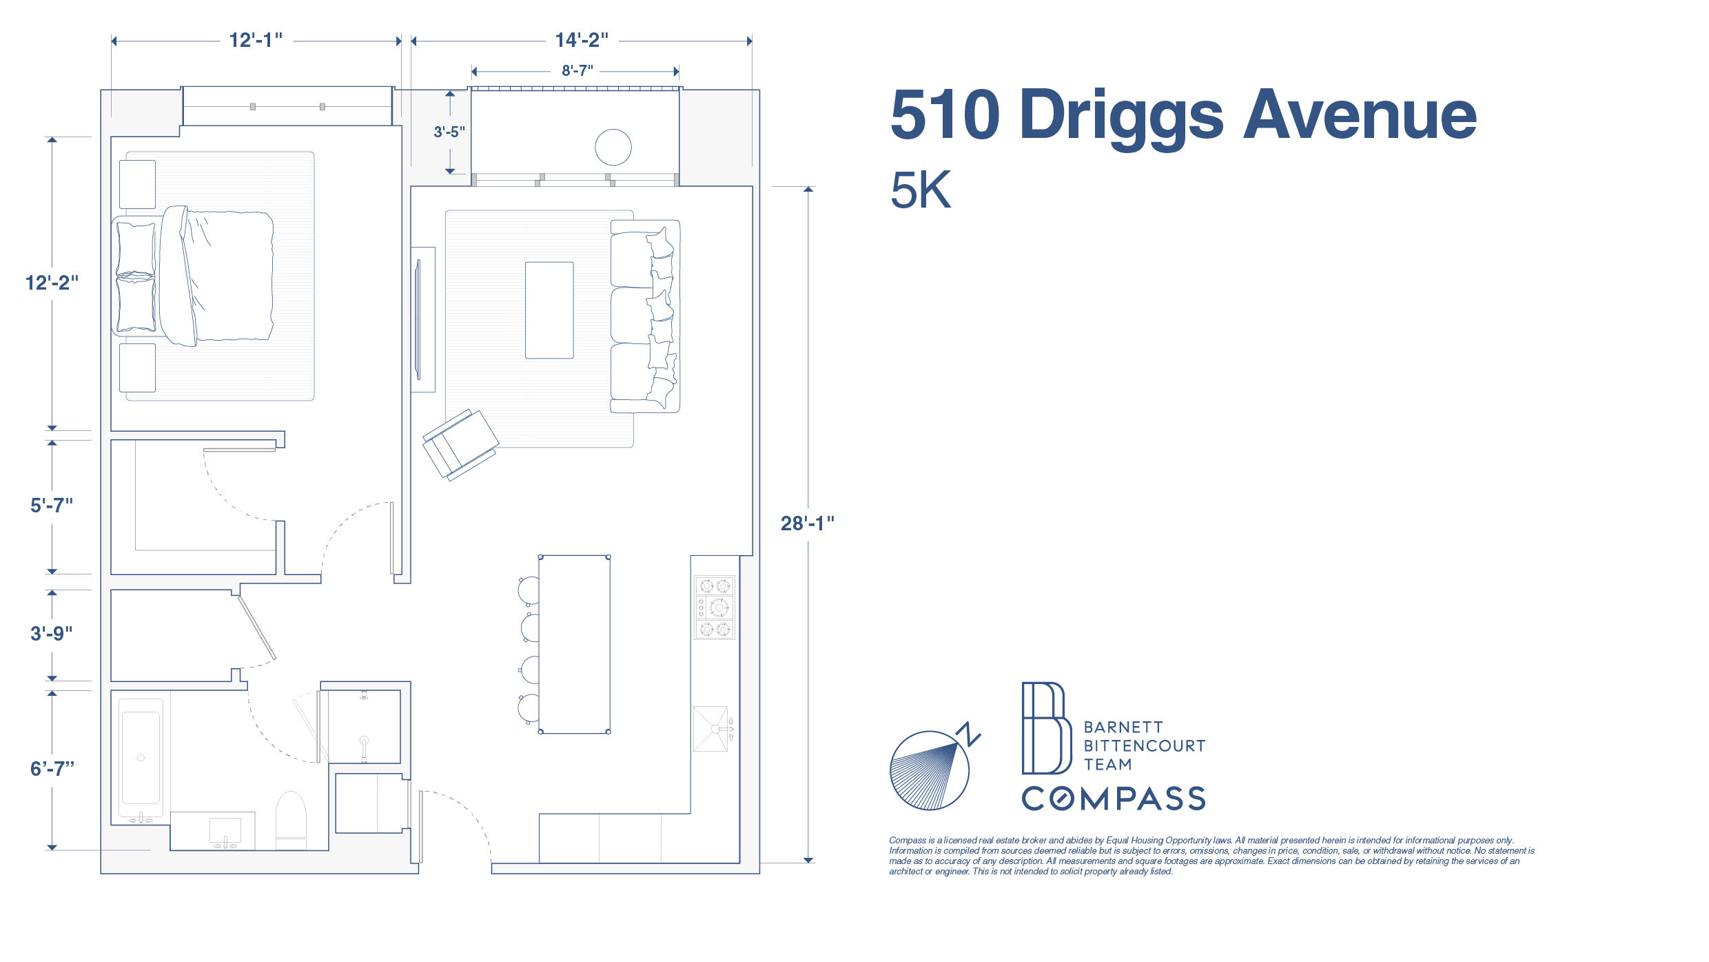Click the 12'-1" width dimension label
(256, 41)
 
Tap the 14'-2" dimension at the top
(582, 41)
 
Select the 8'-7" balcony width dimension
(577, 71)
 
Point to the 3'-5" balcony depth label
(449, 132)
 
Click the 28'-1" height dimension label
(807, 523)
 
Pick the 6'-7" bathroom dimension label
(52, 769)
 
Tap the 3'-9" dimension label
(52, 634)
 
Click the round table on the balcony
(613, 147)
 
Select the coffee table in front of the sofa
(549, 310)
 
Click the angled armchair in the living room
(460, 444)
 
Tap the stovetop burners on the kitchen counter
(715, 608)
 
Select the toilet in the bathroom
(291, 819)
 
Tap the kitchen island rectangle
(574, 644)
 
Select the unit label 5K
(921, 190)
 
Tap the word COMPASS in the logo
(1114, 799)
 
